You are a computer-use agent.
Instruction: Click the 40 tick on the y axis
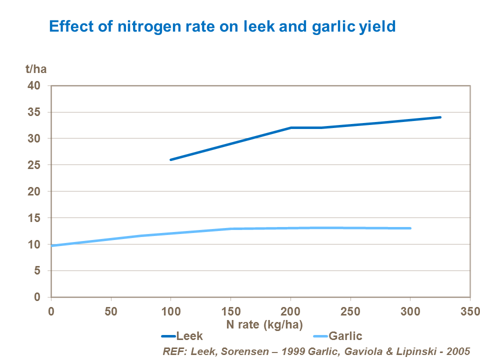(x=40, y=85)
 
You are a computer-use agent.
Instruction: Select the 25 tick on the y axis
(x=40, y=165)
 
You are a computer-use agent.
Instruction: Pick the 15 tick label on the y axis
(x=40, y=218)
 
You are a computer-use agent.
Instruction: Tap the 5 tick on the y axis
(x=43, y=271)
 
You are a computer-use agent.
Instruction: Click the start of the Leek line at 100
(x=171, y=159)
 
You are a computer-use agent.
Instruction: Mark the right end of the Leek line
(x=440, y=117)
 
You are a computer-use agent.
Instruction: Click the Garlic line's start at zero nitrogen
(x=52, y=245)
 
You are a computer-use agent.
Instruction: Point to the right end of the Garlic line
(x=410, y=228)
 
